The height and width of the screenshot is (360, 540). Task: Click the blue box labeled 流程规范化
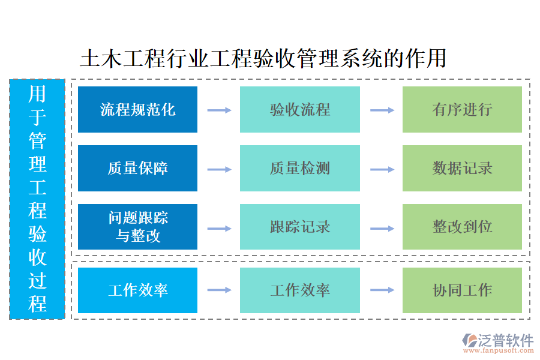tap(137, 109)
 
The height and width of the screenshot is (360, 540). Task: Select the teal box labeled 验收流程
tap(299, 109)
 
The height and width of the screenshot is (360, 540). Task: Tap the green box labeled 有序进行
tap(462, 109)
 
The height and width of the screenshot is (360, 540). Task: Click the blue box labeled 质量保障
tap(137, 168)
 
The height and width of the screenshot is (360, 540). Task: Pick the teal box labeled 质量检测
tap(299, 168)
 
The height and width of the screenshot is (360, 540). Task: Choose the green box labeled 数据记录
tap(462, 168)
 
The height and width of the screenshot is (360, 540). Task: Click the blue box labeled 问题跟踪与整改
tap(137, 227)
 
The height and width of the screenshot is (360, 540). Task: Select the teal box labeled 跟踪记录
tap(299, 227)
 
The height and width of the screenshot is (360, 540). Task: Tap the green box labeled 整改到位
tap(462, 227)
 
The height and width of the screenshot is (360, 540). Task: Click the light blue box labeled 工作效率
tap(137, 290)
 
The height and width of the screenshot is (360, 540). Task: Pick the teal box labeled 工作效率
tap(299, 290)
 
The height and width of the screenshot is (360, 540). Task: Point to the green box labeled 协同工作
tap(462, 290)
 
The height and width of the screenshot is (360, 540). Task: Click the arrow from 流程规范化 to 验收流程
tap(219, 110)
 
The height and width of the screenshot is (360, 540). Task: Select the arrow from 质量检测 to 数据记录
tap(382, 169)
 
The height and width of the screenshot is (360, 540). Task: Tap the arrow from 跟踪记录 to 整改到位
tap(382, 228)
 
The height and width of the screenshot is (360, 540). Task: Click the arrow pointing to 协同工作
tap(382, 290)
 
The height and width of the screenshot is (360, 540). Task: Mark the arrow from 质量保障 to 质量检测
tap(219, 169)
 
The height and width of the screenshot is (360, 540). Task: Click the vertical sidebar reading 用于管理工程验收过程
tap(37, 199)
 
